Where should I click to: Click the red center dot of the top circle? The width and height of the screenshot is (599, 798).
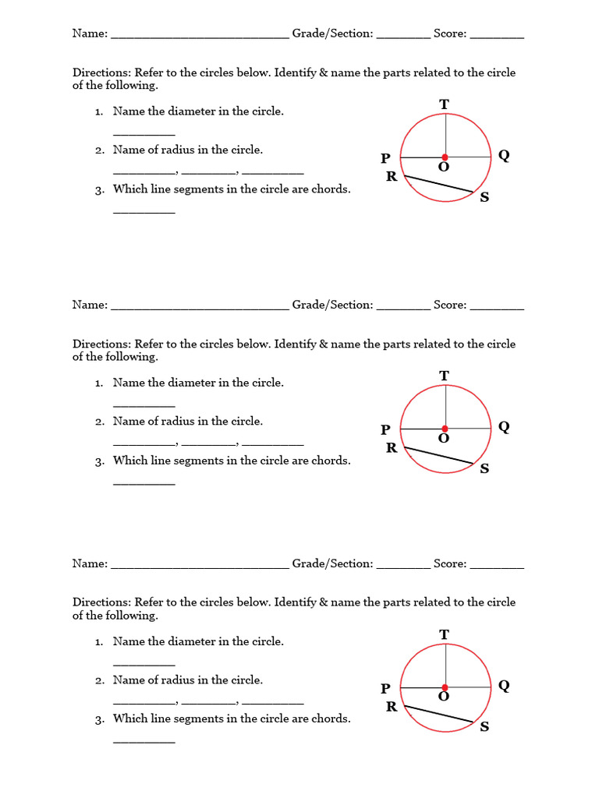point(445,157)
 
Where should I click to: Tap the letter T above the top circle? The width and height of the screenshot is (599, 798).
point(445,104)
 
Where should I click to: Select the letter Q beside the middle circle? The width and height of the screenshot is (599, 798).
point(504,426)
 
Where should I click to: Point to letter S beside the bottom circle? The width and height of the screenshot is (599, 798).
point(484,727)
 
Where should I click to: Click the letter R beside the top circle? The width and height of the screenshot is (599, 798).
point(392,176)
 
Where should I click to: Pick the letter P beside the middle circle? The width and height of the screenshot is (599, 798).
point(385,429)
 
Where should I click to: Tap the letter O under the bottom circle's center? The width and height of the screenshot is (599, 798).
point(444,697)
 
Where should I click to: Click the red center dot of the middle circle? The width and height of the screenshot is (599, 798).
point(445,429)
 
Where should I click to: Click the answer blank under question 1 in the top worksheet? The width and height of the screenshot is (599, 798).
point(144,134)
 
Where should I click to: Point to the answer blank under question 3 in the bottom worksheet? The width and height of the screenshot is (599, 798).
point(144,740)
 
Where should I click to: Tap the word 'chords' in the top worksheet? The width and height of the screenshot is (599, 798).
point(331,189)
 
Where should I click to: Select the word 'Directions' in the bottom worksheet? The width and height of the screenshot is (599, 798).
point(101,602)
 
